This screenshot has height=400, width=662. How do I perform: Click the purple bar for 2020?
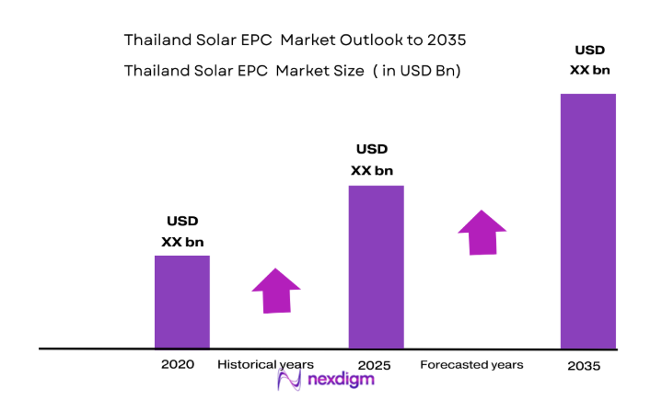(181, 302)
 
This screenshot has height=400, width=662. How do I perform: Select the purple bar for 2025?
(376, 267)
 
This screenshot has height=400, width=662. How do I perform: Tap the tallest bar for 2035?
(587, 221)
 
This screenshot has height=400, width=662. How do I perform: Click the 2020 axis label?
(178, 365)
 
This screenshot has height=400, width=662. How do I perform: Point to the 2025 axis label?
(373, 365)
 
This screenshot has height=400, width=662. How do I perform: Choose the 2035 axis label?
(583, 366)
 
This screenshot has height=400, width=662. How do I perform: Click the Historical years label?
(265, 365)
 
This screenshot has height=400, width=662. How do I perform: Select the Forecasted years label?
(471, 365)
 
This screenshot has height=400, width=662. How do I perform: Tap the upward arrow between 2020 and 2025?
(276, 291)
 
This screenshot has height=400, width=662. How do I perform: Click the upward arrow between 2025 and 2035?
(482, 233)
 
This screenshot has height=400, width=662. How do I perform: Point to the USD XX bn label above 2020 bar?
(182, 232)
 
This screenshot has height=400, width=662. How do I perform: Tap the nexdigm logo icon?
(291, 382)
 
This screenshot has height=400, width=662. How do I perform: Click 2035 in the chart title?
(448, 41)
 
